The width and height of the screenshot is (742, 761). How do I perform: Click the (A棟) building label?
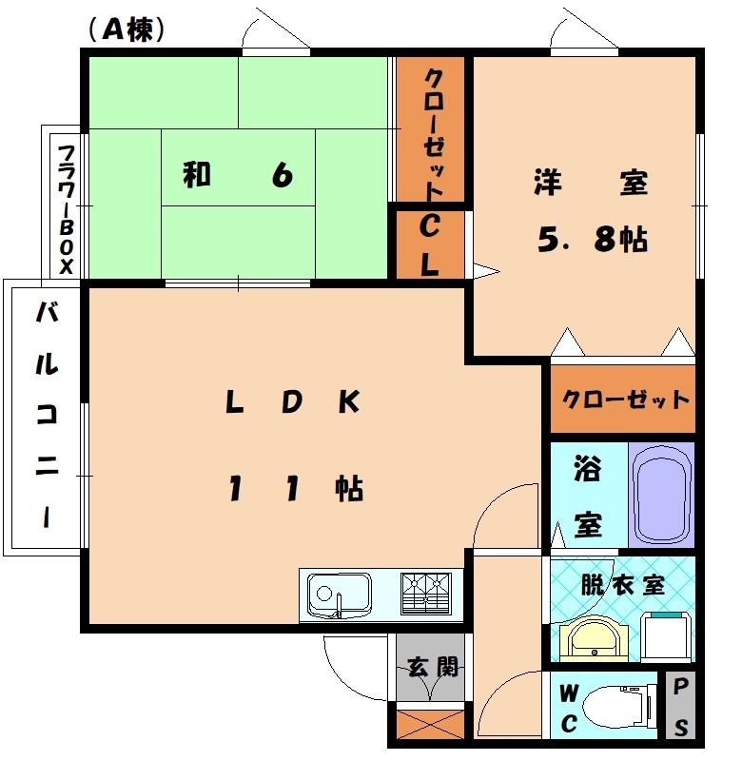[x=127, y=30]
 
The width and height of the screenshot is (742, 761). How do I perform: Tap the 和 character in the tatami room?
[x=196, y=175]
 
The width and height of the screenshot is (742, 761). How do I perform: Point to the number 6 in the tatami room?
[x=281, y=175]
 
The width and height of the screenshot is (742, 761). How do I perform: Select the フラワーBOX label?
[x=66, y=207]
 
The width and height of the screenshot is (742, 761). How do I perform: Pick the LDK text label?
[x=292, y=402]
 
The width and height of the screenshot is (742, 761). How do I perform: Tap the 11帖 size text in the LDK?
[x=295, y=489]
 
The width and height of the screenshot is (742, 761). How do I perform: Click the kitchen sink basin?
[x=339, y=596]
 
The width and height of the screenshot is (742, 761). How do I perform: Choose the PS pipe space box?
[x=681, y=706]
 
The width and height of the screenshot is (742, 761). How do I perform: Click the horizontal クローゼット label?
[x=625, y=399]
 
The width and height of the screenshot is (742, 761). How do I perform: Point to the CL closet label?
[x=429, y=245]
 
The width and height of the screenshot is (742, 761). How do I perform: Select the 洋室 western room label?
[x=591, y=183]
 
